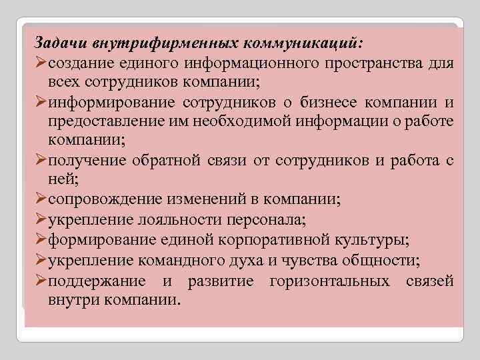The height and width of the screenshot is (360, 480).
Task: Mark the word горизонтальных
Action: tap(330, 281)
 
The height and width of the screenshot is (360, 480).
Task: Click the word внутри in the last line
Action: tap(73, 300)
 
